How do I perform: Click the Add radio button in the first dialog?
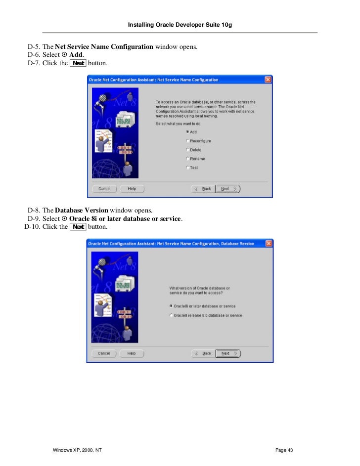187,132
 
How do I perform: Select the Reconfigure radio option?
187,141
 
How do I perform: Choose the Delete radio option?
187,150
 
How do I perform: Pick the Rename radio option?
187,159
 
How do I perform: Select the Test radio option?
187,168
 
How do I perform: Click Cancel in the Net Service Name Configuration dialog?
104,189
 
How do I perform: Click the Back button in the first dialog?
203,189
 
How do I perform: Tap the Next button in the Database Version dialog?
227,353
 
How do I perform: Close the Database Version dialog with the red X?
269,244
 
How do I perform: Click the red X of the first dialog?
268,80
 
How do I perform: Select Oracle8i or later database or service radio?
171,306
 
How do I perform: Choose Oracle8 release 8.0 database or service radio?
171,315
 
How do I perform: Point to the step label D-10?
33,227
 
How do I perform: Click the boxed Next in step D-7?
78,63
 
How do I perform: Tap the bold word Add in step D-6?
76,55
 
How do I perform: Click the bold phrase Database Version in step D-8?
82,210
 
